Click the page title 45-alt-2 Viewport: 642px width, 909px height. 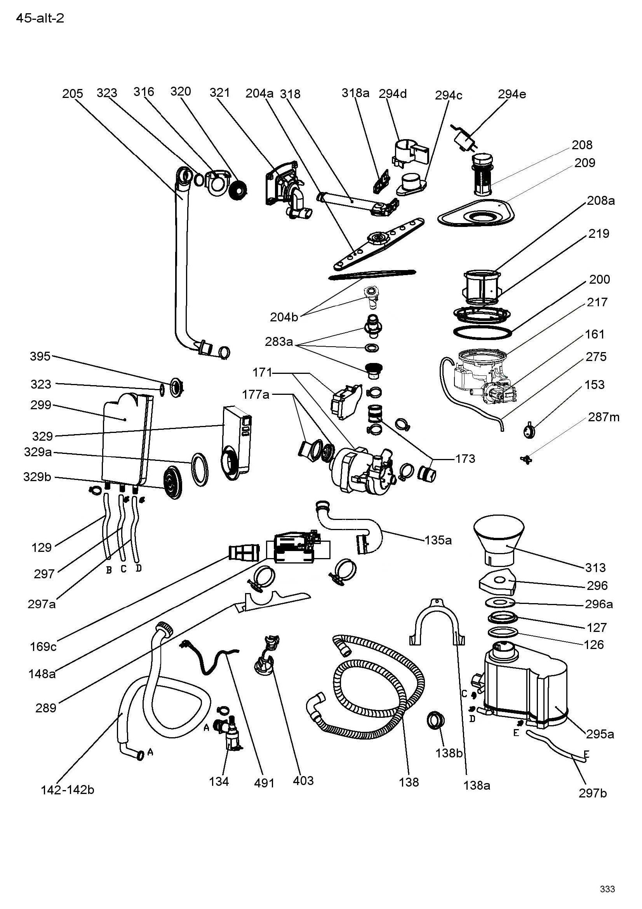pyautogui.click(x=40, y=19)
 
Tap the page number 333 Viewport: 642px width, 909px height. pyautogui.click(x=607, y=889)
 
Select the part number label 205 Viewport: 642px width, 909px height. pyautogui.click(x=72, y=94)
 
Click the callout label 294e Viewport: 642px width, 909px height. pyautogui.click(x=512, y=94)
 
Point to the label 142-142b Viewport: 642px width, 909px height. pyautogui.click(x=68, y=790)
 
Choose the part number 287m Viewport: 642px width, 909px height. pyautogui.click(x=604, y=417)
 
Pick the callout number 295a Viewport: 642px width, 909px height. pyautogui.click(x=600, y=734)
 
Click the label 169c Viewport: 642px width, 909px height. pyautogui.click(x=43, y=647)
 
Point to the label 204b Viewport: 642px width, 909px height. pyautogui.click(x=284, y=317)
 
